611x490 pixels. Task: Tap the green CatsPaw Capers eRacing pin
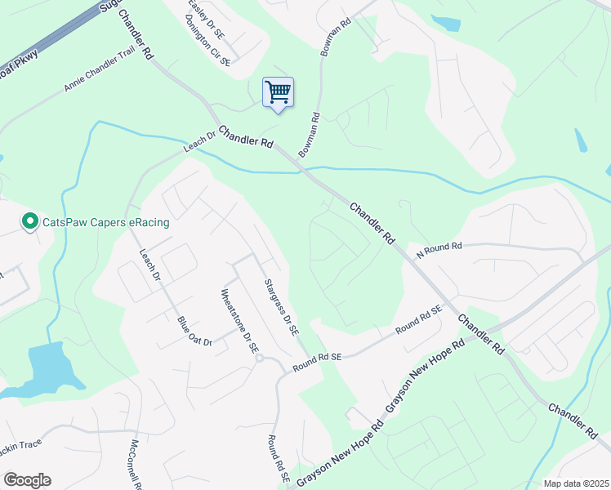coord(30,221)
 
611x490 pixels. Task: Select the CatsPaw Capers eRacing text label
coord(105,222)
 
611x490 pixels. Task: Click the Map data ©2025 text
coord(575,483)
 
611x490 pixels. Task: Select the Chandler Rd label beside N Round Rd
coord(373,224)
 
